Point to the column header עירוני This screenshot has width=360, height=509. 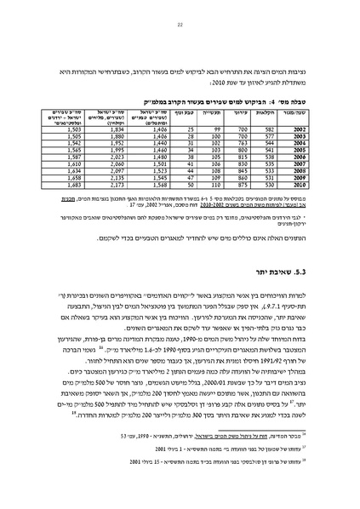(243, 110)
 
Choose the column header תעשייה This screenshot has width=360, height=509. (216, 110)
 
